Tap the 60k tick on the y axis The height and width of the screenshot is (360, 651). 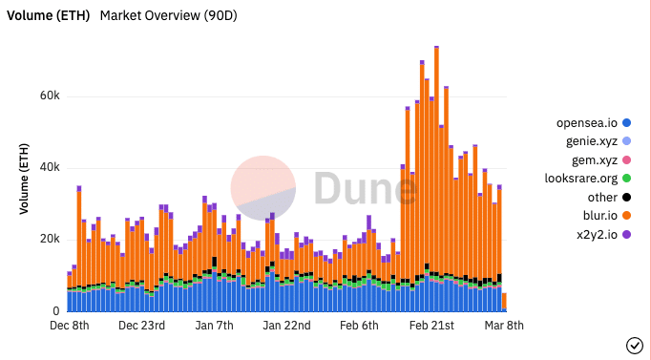tap(49, 96)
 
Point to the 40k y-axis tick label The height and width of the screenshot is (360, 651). tap(49, 168)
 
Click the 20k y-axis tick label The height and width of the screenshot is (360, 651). tap(49, 240)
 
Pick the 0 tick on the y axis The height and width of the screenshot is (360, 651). tap(56, 311)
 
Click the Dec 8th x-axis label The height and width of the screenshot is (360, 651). tap(69, 326)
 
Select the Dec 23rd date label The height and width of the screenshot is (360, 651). tap(141, 326)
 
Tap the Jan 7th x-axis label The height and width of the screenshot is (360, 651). tap(214, 326)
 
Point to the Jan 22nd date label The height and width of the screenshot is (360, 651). tap(286, 326)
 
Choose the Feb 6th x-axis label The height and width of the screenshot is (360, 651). tap(359, 326)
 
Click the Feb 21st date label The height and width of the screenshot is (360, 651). tap(431, 326)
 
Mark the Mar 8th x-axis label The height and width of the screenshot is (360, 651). tap(503, 326)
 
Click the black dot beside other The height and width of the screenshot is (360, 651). tap(626, 197)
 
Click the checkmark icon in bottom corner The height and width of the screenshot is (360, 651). tap(634, 345)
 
